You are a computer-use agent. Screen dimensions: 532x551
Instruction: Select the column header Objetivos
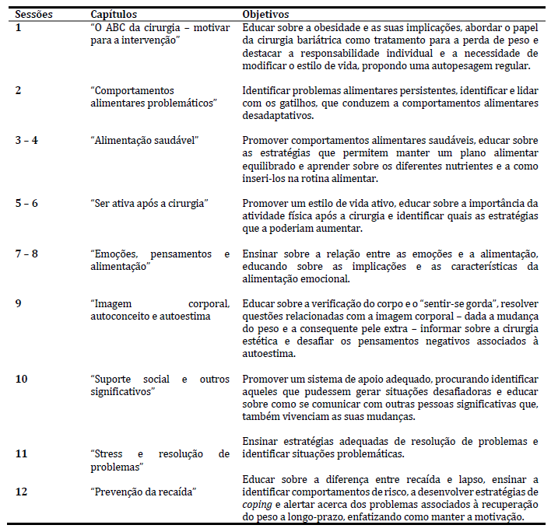(x=265, y=15)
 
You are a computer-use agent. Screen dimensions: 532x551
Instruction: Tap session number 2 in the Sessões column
(x=18, y=91)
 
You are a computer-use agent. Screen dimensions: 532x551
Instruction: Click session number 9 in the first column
(x=18, y=303)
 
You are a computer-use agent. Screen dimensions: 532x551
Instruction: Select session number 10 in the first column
(x=21, y=379)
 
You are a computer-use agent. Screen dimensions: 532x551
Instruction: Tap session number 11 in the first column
(x=21, y=453)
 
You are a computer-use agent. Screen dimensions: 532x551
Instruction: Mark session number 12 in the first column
(x=21, y=491)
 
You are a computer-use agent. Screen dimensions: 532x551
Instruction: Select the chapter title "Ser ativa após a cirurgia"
(x=149, y=204)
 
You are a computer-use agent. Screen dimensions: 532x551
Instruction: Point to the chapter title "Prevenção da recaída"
(x=143, y=491)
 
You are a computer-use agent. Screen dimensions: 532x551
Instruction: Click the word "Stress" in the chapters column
(x=107, y=453)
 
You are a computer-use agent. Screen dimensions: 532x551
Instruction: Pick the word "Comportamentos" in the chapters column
(x=131, y=91)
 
